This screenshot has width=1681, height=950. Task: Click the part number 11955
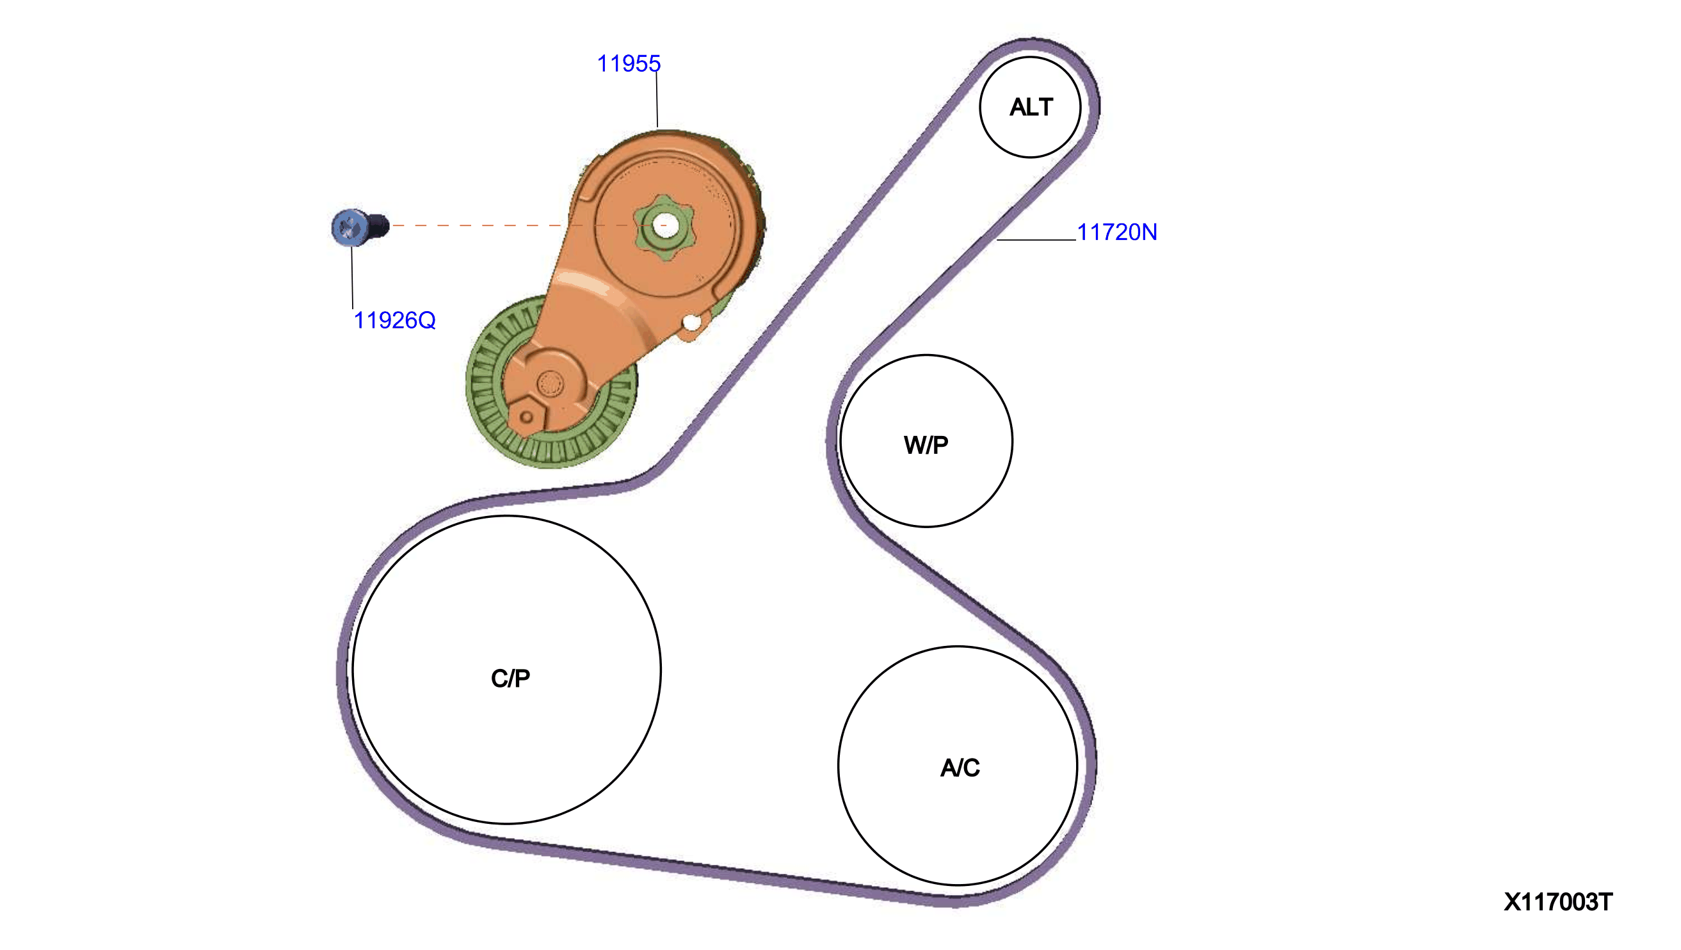[x=629, y=63]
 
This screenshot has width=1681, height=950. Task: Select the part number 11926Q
[x=394, y=320]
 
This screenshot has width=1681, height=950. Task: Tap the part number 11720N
[x=1116, y=232]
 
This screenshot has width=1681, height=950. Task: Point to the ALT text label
[x=1031, y=107]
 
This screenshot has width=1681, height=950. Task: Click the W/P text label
[x=926, y=445]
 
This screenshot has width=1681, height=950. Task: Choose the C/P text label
[x=510, y=679]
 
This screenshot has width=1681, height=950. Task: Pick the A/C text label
[x=960, y=768]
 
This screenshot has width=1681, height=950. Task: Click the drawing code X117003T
[x=1557, y=903]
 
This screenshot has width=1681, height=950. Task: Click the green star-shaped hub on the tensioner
[x=664, y=227]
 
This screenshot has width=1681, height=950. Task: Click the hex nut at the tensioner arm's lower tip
[x=526, y=417]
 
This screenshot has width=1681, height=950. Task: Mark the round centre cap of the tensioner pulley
[x=550, y=383]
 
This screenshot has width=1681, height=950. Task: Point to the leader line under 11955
[x=657, y=100]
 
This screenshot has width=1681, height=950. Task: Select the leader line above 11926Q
[x=352, y=277]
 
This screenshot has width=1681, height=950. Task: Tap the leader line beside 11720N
[x=1036, y=240]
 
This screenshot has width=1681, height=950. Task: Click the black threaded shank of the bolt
[x=378, y=227]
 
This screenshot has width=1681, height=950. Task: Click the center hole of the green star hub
[x=665, y=226]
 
